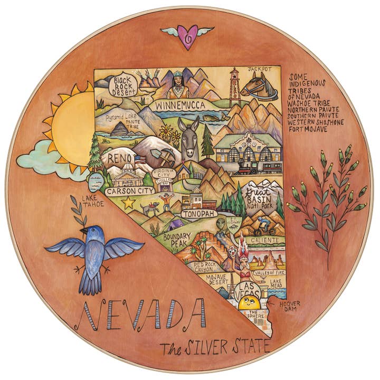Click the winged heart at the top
pyautogui.click(x=187, y=36)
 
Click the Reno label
pyautogui.click(x=118, y=158)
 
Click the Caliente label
pyautogui.click(x=264, y=239)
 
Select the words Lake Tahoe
pyautogui.click(x=89, y=201)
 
